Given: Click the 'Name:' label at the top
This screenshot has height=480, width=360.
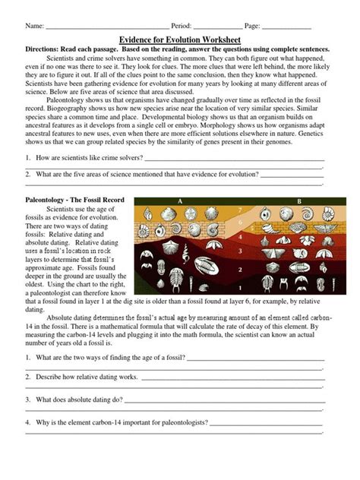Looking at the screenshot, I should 35,26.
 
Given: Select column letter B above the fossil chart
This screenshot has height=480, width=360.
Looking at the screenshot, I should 298,201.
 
